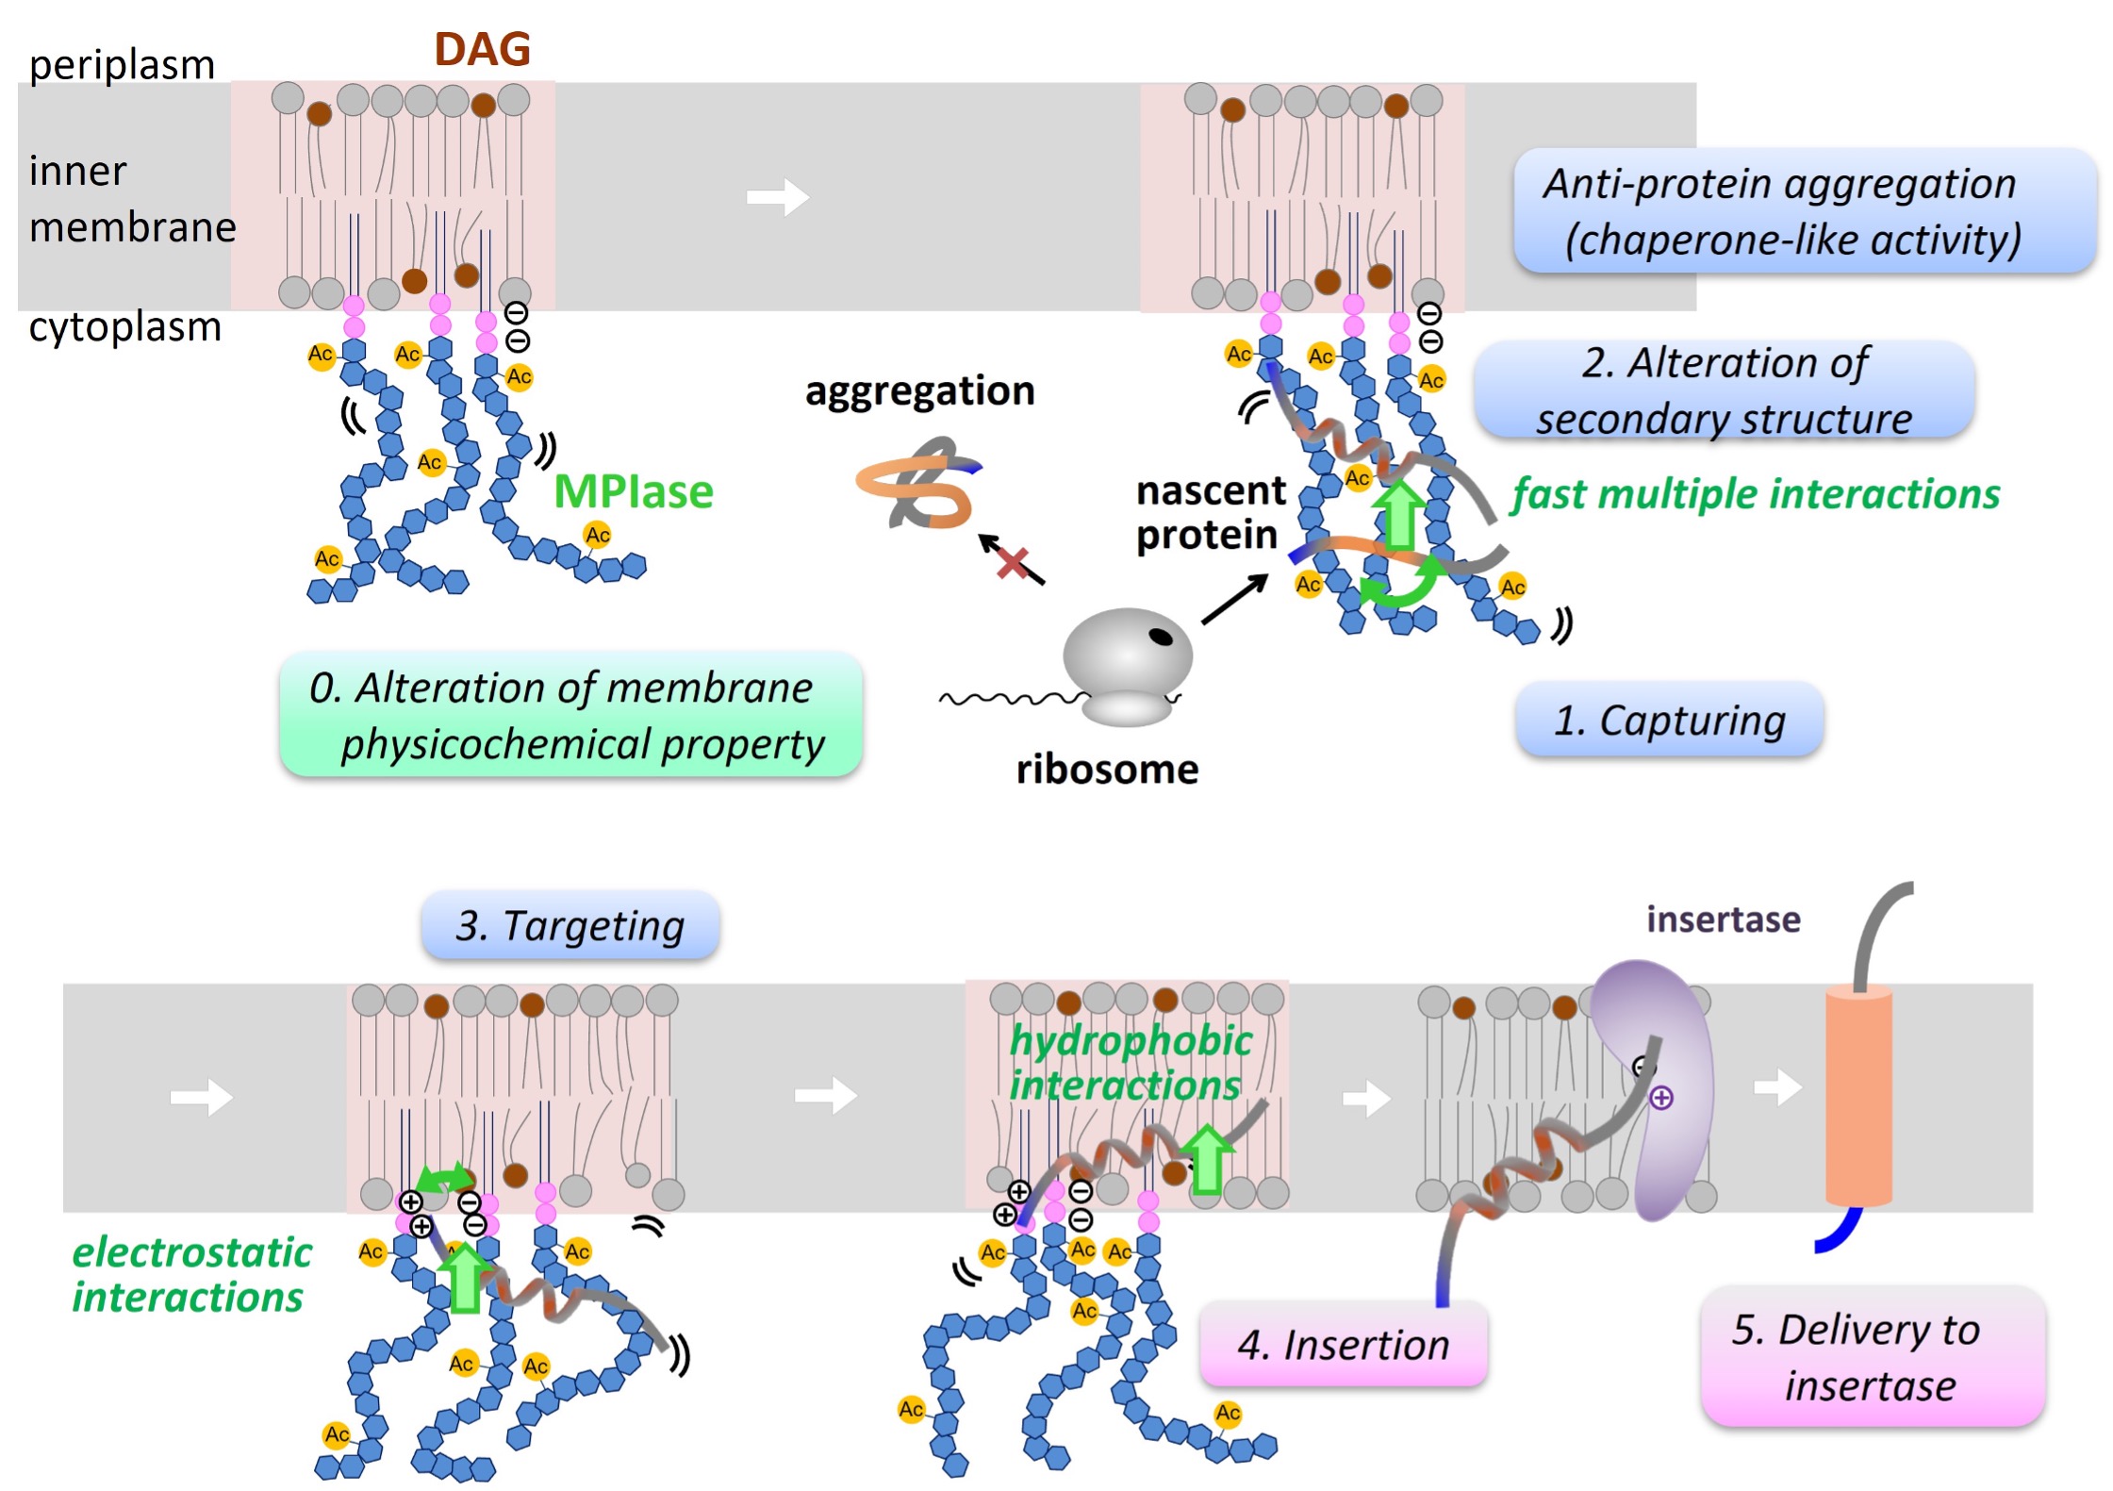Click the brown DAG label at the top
(x=482, y=49)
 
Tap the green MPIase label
(x=633, y=491)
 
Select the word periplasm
(x=122, y=65)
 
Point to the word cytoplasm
(x=124, y=327)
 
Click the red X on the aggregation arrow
(x=1012, y=563)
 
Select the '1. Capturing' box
(x=1668, y=721)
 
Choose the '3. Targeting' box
(x=570, y=925)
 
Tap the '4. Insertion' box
(x=1343, y=1344)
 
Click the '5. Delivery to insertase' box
(x=1872, y=1357)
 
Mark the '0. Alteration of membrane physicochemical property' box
(x=570, y=715)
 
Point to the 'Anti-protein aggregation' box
(x=1804, y=211)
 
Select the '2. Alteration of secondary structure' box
(x=1724, y=390)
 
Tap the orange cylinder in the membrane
(x=1857, y=1094)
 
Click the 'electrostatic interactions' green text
(x=191, y=1274)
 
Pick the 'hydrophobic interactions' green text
(x=1130, y=1063)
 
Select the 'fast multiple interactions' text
(x=1755, y=494)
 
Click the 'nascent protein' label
(x=1209, y=513)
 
